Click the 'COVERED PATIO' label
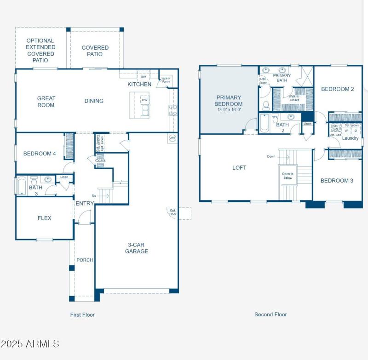pyautogui.click(x=95, y=51)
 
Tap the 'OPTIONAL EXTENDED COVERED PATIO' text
pyautogui.click(x=40, y=51)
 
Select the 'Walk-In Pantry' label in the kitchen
pyautogui.click(x=166, y=80)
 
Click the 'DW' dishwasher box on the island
pyautogui.click(x=144, y=100)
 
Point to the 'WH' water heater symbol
pyautogui.click(x=172, y=138)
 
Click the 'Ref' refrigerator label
pyautogui.click(x=144, y=77)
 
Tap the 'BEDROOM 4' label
pyautogui.click(x=40, y=154)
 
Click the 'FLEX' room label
pyautogui.click(x=45, y=218)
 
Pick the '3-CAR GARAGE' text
pyautogui.click(x=137, y=248)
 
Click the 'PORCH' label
pyautogui.click(x=85, y=260)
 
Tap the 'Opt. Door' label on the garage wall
pyautogui.click(x=172, y=212)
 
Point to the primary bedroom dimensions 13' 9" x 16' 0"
pyautogui.click(x=229, y=110)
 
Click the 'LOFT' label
pyautogui.click(x=239, y=167)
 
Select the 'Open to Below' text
pyautogui.click(x=287, y=175)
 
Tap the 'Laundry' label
pyautogui.click(x=350, y=138)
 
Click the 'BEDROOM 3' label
pyautogui.click(x=337, y=180)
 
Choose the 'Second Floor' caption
pyautogui.click(x=270, y=314)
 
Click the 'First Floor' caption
pyautogui.click(x=82, y=314)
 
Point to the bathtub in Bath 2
pyautogui.click(x=264, y=123)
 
